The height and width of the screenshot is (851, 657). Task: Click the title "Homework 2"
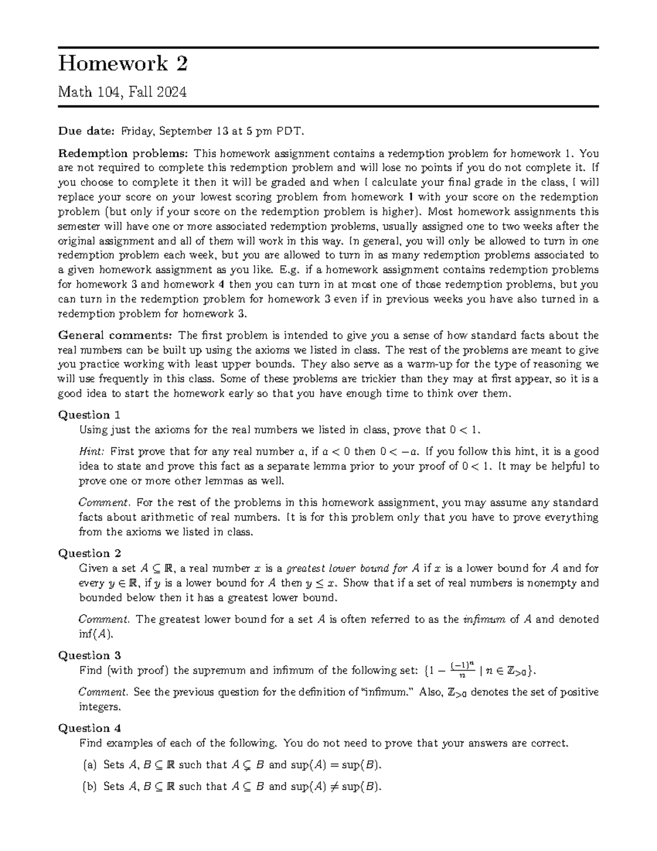click(123, 64)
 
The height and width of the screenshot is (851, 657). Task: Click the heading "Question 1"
click(89, 415)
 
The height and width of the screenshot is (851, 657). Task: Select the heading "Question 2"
click(89, 553)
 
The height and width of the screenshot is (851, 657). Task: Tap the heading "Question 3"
click(89, 655)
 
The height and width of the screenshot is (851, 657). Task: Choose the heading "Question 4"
click(89, 728)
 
